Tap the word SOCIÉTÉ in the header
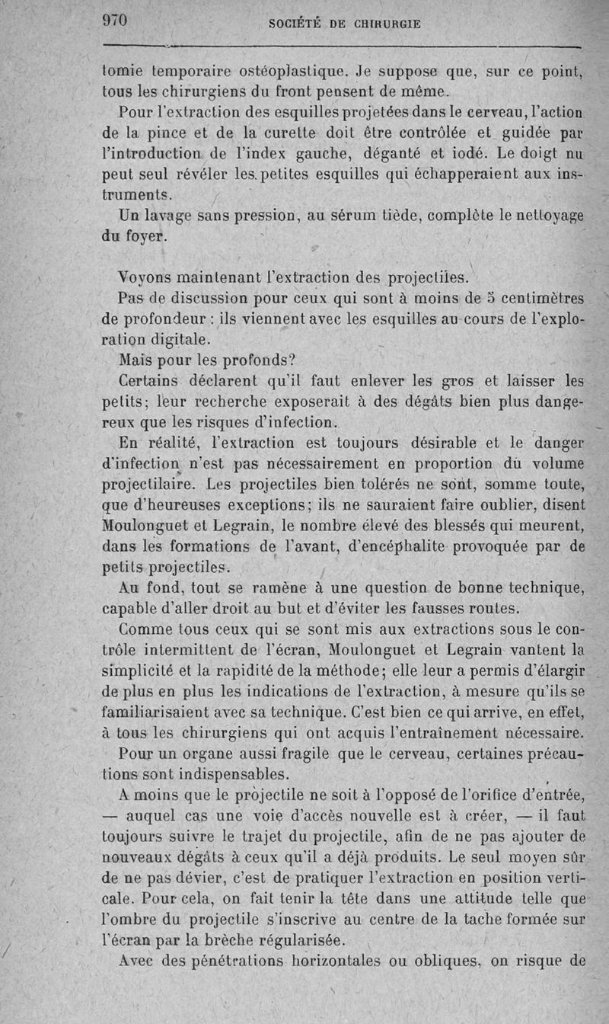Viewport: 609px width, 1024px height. [x=298, y=24]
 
